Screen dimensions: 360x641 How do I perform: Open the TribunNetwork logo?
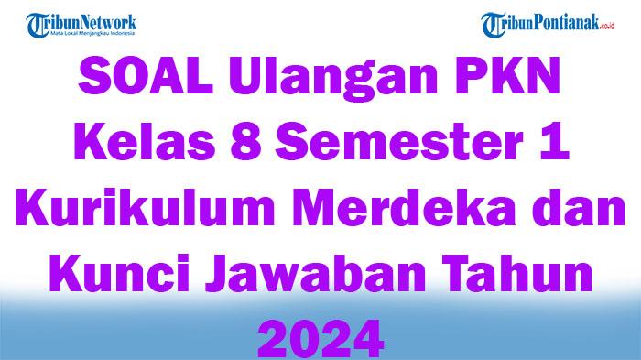click(x=82, y=25)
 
